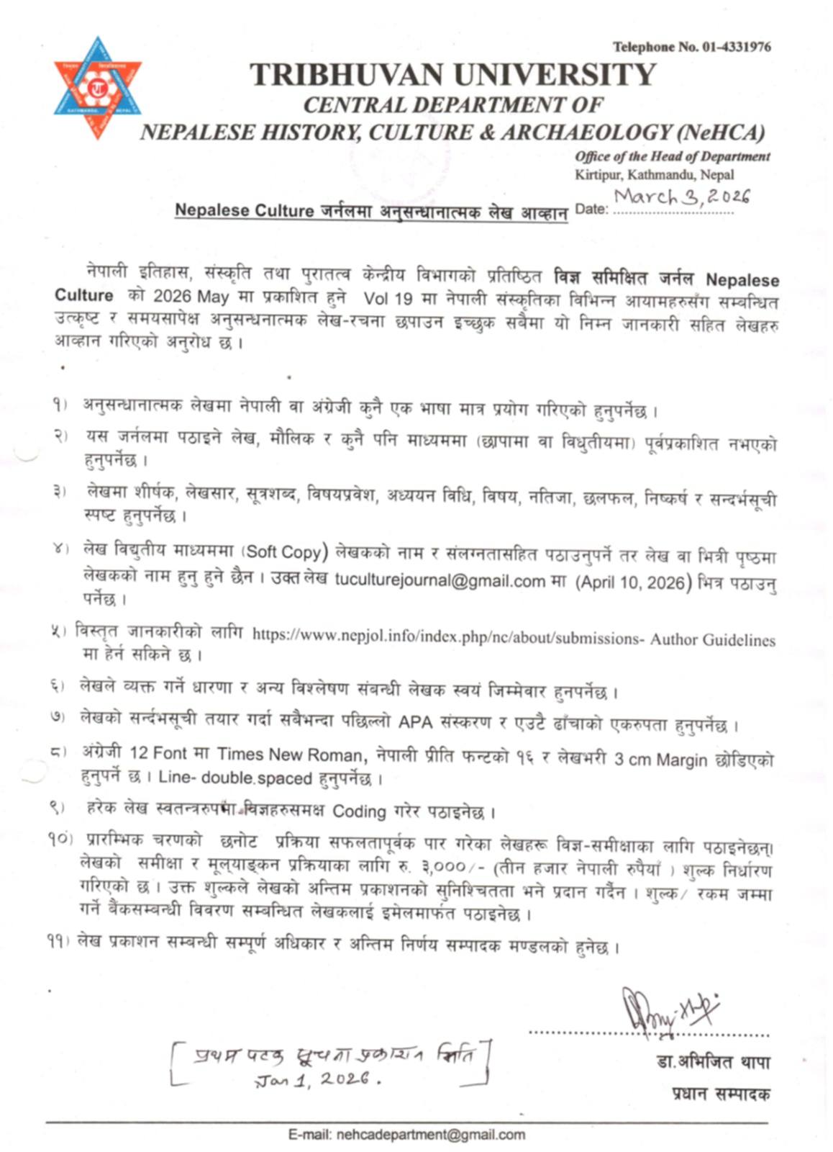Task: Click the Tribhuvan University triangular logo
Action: click(x=98, y=88)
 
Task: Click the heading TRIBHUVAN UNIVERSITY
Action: click(x=452, y=75)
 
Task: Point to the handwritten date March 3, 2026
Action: click(x=681, y=196)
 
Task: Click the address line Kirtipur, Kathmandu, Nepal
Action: click(x=655, y=174)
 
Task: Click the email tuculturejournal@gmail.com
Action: click(x=440, y=580)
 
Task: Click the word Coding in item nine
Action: click(x=359, y=811)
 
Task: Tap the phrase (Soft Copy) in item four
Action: click(x=283, y=552)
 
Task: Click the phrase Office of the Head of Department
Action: click(x=672, y=156)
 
